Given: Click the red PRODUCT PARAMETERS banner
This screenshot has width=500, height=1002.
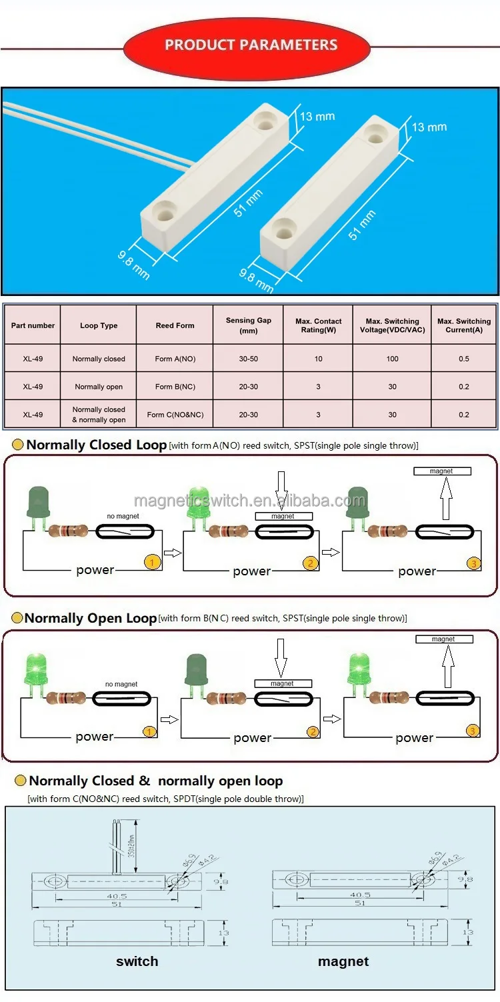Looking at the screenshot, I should click(x=251, y=45).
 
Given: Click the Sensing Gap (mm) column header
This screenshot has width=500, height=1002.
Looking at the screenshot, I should click(x=248, y=325).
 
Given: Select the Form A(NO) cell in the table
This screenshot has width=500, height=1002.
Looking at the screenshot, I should click(x=175, y=359).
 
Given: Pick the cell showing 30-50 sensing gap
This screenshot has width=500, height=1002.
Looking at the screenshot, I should click(x=248, y=359).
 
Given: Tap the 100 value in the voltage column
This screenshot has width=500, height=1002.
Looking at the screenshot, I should click(x=392, y=359).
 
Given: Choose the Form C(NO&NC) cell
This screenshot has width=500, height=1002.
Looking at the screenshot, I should click(x=175, y=415).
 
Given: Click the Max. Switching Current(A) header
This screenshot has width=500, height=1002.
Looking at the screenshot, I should click(x=463, y=325).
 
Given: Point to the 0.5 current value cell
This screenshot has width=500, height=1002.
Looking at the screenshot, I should click(x=463, y=359).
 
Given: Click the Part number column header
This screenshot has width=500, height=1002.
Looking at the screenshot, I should click(x=33, y=325).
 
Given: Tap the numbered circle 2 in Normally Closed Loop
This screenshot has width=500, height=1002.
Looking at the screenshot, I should click(x=310, y=563).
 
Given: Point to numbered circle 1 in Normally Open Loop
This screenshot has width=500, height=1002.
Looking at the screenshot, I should click(x=150, y=732).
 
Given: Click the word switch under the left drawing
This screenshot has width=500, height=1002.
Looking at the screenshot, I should click(x=137, y=961).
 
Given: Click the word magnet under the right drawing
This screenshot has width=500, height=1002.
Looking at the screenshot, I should click(x=343, y=961).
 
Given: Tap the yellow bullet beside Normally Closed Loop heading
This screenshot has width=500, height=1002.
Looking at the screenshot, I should click(x=18, y=445).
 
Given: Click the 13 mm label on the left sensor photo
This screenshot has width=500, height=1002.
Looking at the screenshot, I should click(x=317, y=117).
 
